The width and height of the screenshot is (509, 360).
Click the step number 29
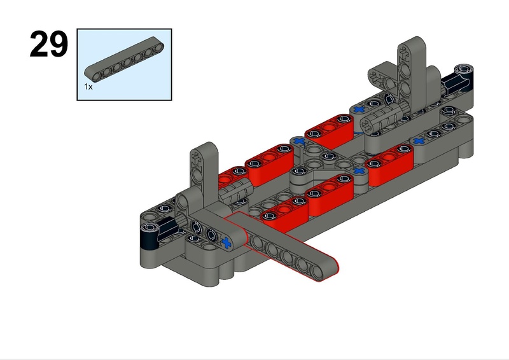point(49,44)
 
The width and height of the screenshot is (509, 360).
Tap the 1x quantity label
point(88,87)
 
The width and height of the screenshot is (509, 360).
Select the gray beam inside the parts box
point(124,59)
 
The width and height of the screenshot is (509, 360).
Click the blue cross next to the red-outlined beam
point(227,242)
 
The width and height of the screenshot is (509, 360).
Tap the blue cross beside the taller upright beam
point(359,109)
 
